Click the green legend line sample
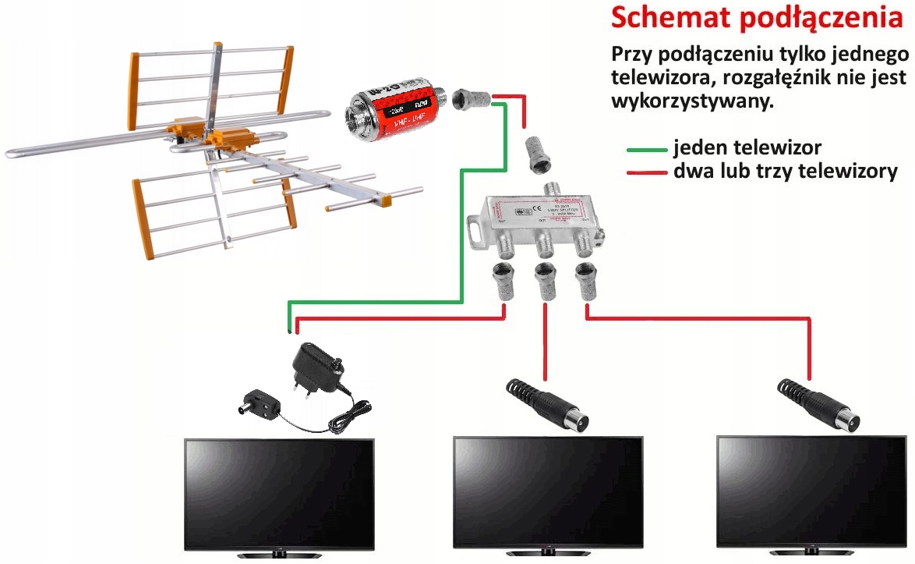coord(646,149)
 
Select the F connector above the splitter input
coord(538,154)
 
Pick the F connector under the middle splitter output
coord(544,281)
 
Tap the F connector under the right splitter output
coord(586,281)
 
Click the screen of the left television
coord(280,491)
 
